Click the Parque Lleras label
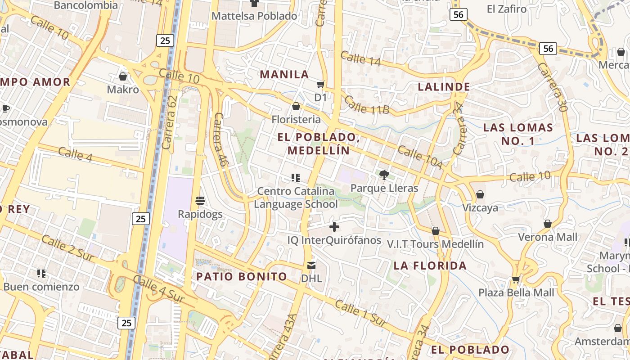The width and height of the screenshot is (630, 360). point(384,188)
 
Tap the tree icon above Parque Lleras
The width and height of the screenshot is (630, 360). point(384,175)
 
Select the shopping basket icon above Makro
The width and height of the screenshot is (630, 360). point(123,77)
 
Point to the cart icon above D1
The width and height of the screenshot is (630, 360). point(321,85)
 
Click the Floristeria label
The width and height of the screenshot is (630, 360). point(296,119)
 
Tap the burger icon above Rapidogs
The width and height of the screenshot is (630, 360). point(200,201)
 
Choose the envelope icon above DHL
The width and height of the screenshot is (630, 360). point(311,265)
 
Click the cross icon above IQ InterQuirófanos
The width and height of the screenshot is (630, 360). point(334,227)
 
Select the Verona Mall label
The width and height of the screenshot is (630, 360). point(548,237)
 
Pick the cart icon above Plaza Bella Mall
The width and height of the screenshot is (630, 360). point(516,280)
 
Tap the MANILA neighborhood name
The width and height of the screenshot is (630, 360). point(284,75)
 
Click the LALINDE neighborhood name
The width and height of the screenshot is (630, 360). point(444,87)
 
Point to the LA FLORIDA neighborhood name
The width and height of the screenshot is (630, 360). point(430,265)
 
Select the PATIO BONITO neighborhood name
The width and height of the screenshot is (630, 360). point(242,276)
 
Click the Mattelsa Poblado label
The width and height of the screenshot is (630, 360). point(254,16)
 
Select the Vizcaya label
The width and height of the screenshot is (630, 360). point(480,207)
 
